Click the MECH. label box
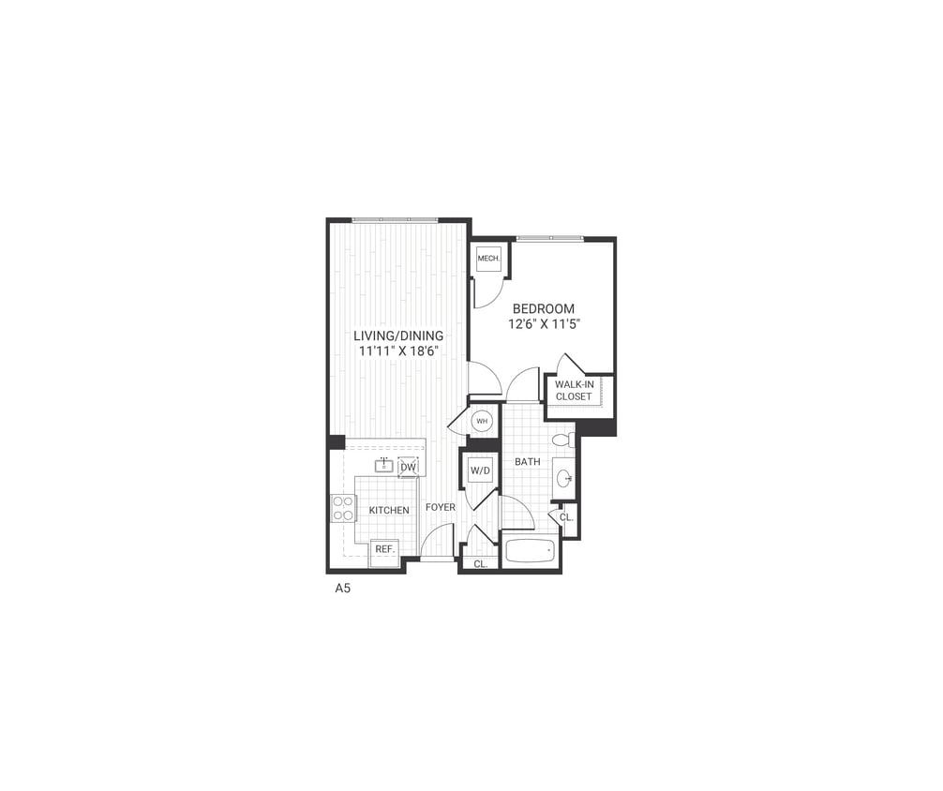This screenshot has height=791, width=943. pos(488,259)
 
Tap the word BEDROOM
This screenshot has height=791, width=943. pos(543,308)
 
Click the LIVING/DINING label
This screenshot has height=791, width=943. pos(398,336)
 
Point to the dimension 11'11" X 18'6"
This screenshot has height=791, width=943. pos(398,351)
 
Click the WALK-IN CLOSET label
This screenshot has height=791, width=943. pos(574,390)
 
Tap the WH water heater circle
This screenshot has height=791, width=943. pos(482,422)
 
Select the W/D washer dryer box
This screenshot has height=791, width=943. pos(480,470)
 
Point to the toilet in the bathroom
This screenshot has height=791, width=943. pos(563,440)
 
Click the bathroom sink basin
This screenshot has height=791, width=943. pos(564,479)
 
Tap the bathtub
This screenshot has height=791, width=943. pos(530,550)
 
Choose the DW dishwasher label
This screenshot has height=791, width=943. pos(408,467)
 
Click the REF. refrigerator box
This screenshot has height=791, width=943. pos(384,551)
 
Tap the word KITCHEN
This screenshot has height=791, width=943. pos(388,510)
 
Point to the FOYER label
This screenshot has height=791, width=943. pos(441,507)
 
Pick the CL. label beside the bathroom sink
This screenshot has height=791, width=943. pos(566,517)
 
